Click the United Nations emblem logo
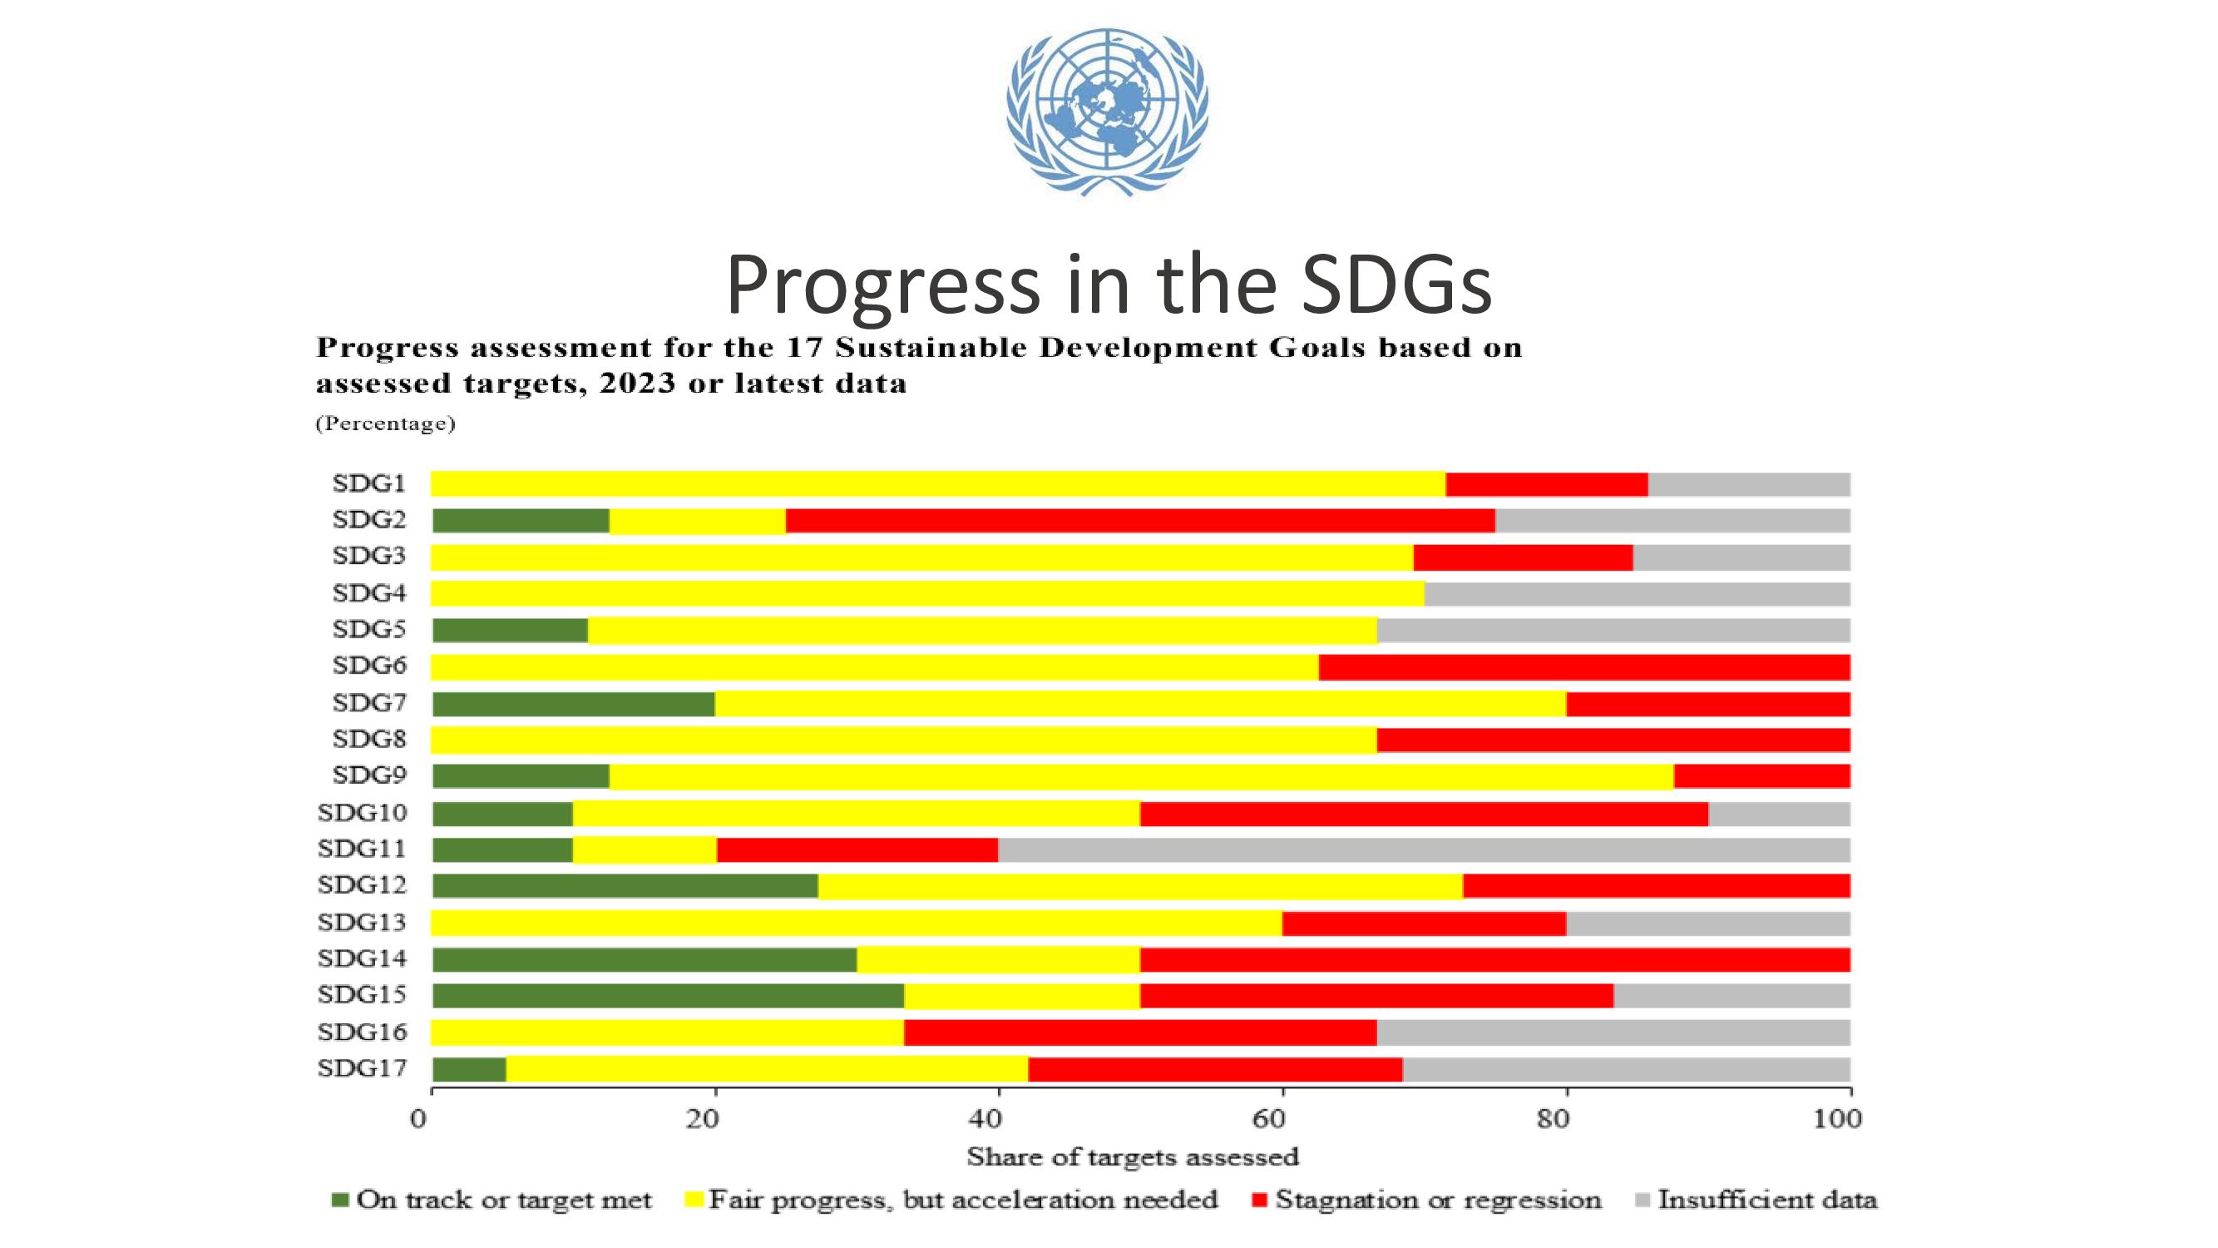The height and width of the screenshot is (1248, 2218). click(1107, 111)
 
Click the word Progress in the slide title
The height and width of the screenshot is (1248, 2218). click(882, 285)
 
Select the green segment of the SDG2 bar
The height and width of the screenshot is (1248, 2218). click(521, 521)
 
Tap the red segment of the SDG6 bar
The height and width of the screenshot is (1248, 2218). click(1583, 667)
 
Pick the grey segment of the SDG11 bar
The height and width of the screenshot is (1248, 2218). click(1423, 850)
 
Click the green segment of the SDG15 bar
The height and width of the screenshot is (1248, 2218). click(668, 996)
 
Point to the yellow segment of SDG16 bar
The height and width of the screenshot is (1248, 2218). click(667, 1032)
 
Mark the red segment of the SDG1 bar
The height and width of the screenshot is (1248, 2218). click(1546, 484)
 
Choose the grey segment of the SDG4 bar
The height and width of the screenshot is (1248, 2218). click(1637, 593)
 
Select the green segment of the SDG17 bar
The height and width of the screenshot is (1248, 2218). click(469, 1069)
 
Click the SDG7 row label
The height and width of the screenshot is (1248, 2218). click(368, 703)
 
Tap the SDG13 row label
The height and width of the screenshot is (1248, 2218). click(362, 923)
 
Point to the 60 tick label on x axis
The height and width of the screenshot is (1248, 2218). click(1269, 1119)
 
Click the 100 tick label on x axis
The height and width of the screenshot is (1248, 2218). click(1837, 1119)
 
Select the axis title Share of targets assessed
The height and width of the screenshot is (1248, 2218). click(1132, 1156)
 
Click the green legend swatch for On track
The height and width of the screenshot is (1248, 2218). click(340, 1200)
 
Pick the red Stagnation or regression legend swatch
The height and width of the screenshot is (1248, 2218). click(1259, 1200)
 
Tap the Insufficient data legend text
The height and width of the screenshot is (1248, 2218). click(1766, 1200)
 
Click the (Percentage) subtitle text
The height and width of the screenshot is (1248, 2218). click(385, 423)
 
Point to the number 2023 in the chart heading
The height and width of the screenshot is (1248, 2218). click(637, 384)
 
